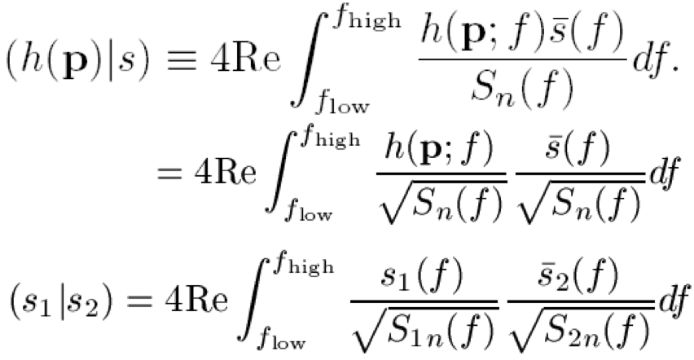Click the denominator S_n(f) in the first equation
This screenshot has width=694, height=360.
[x=507, y=89]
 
